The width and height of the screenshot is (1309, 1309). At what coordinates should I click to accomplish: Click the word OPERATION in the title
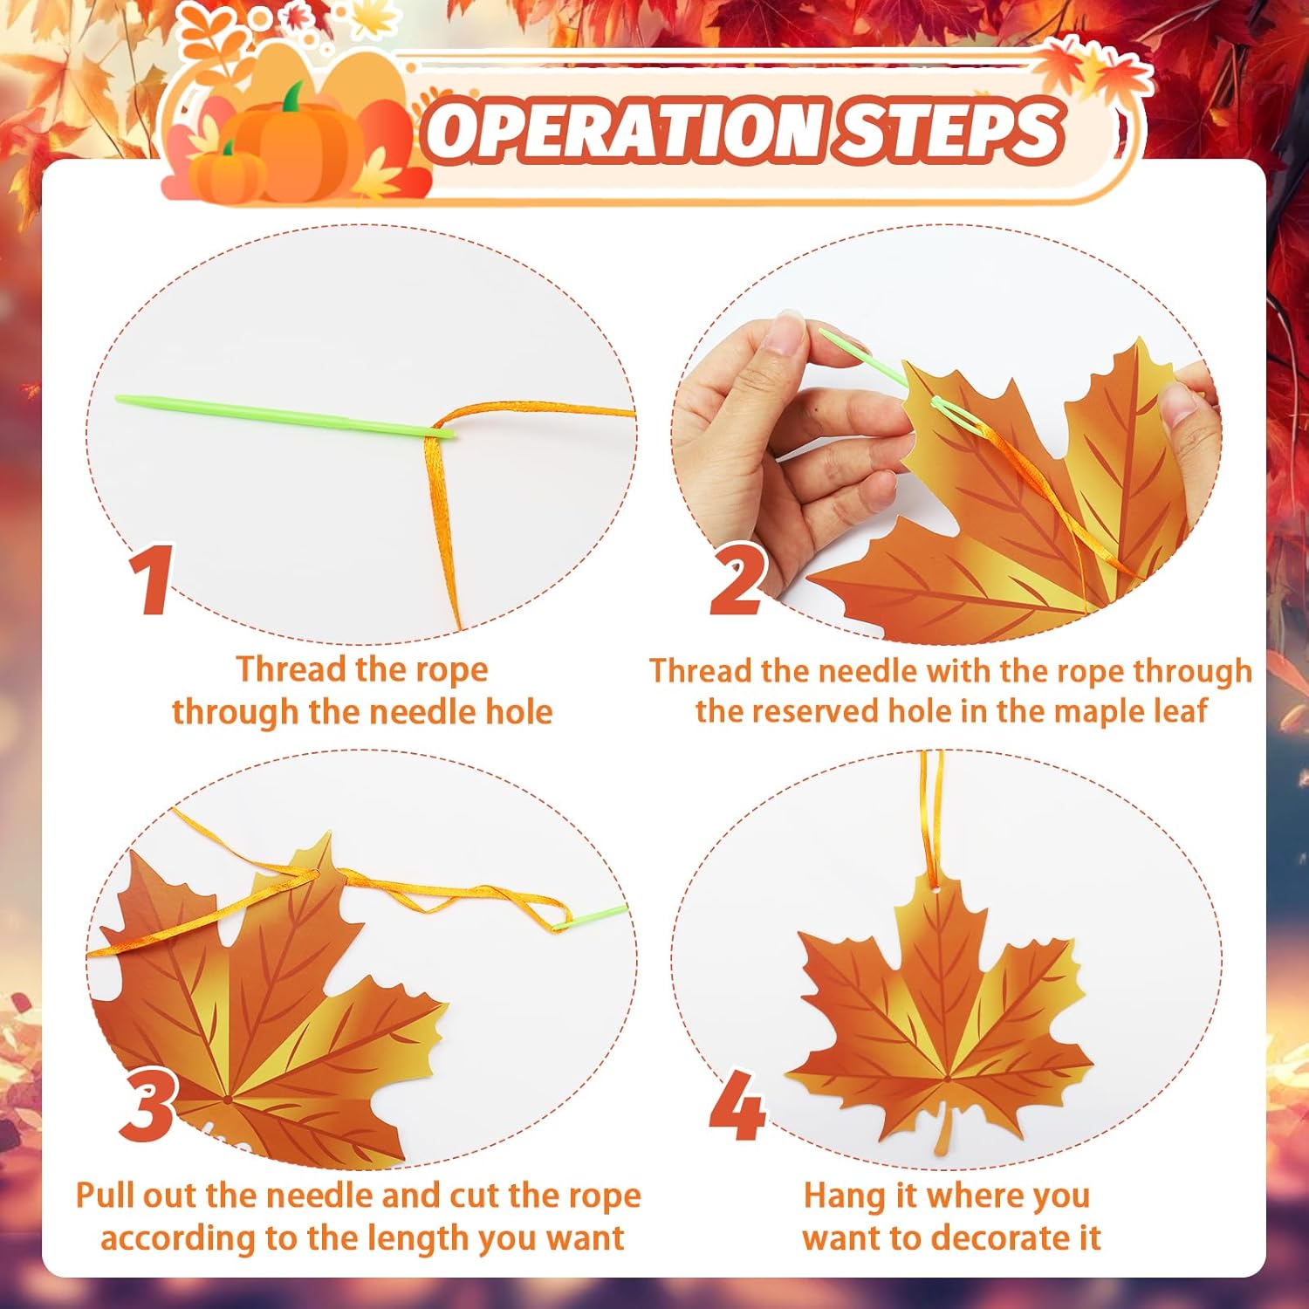[x=622, y=131]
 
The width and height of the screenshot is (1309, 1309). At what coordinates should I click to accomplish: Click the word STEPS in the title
[x=947, y=131]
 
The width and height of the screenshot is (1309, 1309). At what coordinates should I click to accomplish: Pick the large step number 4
[x=738, y=1106]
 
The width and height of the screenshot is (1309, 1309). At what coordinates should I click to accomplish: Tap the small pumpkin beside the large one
[x=226, y=172]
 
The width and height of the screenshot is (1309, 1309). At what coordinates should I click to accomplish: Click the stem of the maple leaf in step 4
[x=942, y=1131]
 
